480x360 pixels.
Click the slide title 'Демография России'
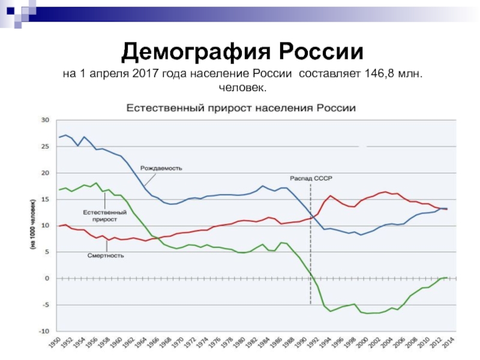click(x=242, y=53)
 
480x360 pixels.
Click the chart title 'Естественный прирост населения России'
click(x=240, y=109)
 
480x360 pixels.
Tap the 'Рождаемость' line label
click(x=161, y=168)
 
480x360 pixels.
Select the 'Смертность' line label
click(x=106, y=256)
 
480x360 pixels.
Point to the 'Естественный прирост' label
click(x=104, y=216)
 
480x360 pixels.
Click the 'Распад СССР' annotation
click(x=311, y=179)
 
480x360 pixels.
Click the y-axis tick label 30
click(x=44, y=120)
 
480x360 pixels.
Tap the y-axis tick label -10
click(x=43, y=331)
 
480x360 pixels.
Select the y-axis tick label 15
click(x=44, y=199)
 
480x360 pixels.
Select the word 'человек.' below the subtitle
click(x=242, y=88)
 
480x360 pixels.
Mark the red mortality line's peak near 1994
click(x=330, y=196)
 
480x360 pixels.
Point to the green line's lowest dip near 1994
click(x=330, y=311)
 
